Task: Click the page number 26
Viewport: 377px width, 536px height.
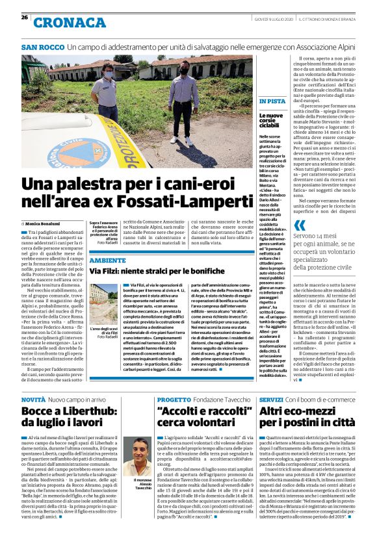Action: [x=24, y=17]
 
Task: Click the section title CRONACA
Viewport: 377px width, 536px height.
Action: [x=69, y=23]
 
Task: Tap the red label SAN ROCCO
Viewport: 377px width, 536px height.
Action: [x=42, y=47]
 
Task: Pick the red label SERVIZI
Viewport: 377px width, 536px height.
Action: [x=271, y=400]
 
